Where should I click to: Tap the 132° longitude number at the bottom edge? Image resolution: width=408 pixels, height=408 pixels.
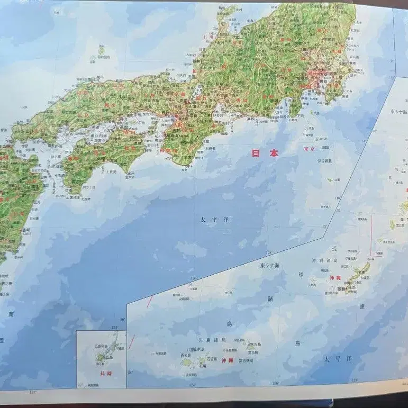[33, 392]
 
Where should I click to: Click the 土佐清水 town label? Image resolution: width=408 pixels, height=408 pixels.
[73, 197]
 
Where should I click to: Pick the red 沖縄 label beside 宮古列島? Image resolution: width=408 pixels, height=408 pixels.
[226, 360]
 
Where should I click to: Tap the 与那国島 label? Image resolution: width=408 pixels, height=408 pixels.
[159, 353]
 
